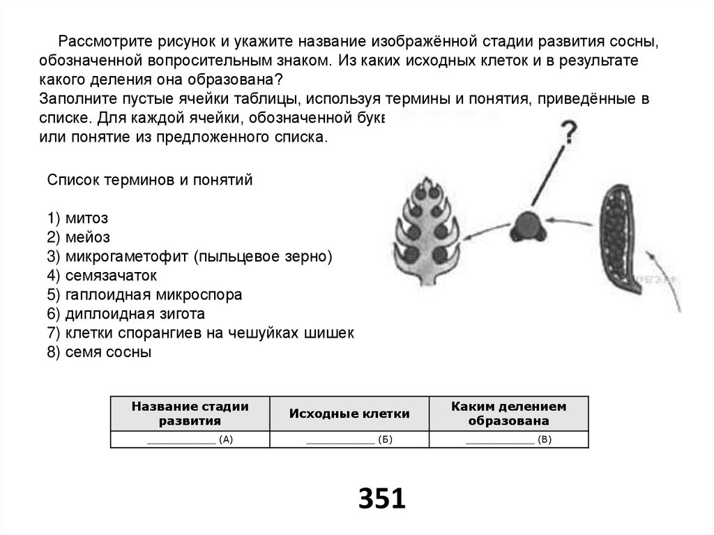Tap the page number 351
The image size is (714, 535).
(381, 499)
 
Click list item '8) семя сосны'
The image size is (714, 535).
(99, 352)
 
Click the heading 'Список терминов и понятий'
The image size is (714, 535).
(149, 180)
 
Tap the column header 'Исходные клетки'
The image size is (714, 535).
(349, 414)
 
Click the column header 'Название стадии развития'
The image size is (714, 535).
(190, 414)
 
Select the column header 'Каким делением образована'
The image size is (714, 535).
(508, 414)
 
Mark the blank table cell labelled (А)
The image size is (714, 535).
(190, 439)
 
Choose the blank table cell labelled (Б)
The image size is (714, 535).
(349, 439)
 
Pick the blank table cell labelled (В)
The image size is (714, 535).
(508, 439)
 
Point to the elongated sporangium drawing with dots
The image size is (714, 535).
(618, 241)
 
